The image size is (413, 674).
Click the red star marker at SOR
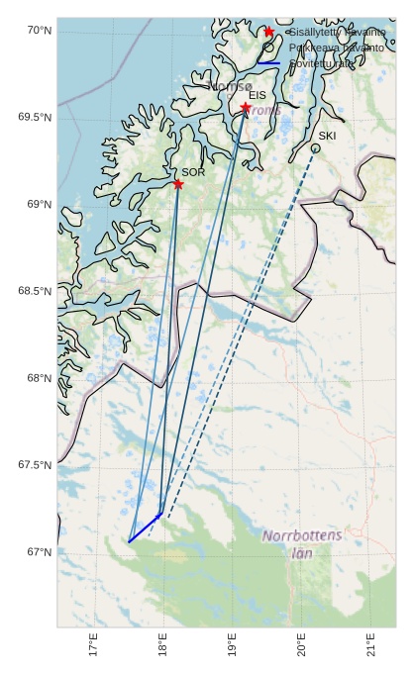(178, 183)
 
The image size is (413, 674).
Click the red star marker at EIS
(246, 107)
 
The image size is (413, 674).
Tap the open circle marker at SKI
(315, 148)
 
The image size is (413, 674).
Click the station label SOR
(193, 172)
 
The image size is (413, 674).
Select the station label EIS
(258, 95)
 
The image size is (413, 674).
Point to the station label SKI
(328, 136)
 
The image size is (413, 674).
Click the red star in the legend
(268, 32)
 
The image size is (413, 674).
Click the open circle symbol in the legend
(268, 48)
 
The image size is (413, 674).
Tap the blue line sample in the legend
(268, 63)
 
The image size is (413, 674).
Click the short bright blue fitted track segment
(145, 528)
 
